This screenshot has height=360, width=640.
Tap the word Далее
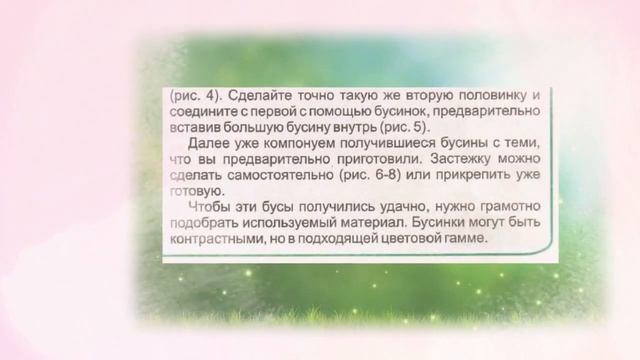click(x=211, y=145)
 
